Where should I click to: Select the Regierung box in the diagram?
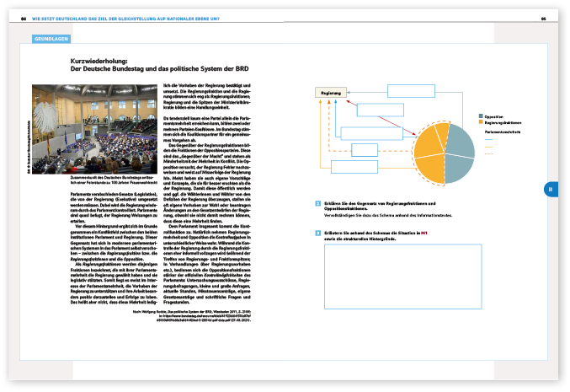click(331, 94)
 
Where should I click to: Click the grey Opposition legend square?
click(481, 116)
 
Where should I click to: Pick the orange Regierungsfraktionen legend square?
click(481, 123)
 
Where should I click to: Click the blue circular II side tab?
click(550, 190)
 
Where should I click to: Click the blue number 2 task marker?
click(317, 205)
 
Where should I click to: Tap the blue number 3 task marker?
click(317, 232)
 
